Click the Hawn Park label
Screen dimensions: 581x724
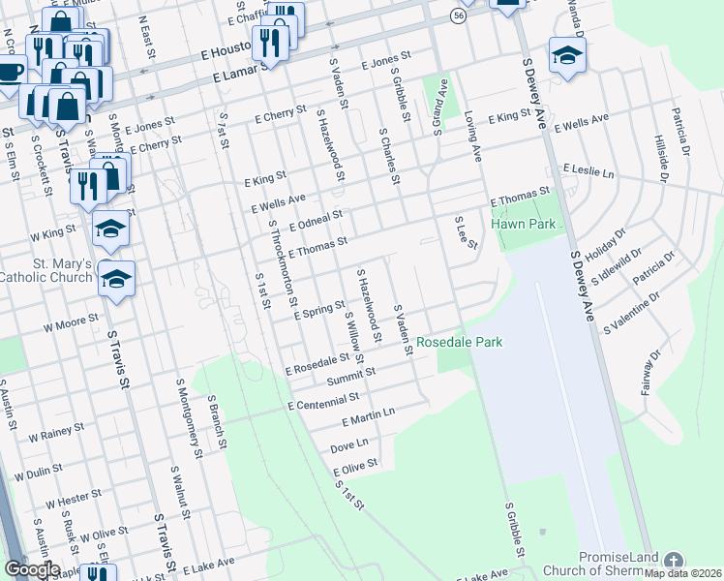[x=523, y=224]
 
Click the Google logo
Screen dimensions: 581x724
[x=31, y=569]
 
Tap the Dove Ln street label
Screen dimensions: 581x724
[x=349, y=445]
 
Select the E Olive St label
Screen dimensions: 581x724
[x=354, y=468]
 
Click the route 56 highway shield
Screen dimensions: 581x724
[x=458, y=15]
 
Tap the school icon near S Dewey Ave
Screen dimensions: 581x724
[x=566, y=55]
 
